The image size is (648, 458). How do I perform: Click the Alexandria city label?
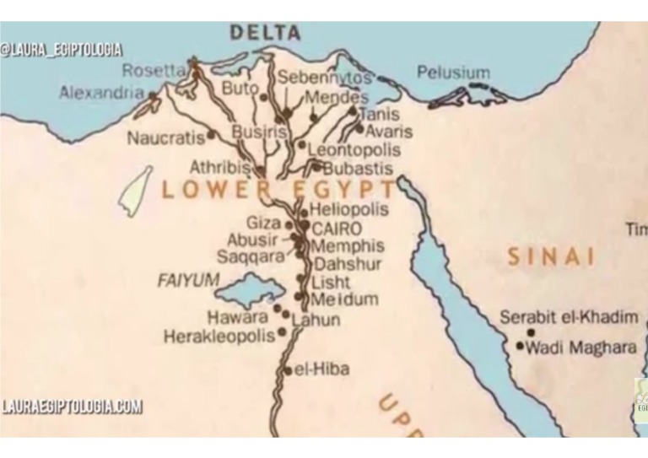pyautogui.click(x=101, y=94)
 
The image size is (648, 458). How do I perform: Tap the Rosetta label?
pyautogui.click(x=153, y=71)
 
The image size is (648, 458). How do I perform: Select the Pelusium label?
pyautogui.click(x=453, y=73)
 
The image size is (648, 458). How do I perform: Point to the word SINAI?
pyautogui.click(x=551, y=257)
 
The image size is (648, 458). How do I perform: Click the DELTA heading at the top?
pyautogui.click(x=265, y=34)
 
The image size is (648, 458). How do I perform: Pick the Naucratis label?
pyautogui.click(x=165, y=138)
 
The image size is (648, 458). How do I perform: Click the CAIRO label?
pyautogui.click(x=337, y=229)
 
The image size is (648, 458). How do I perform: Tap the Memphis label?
pyautogui.click(x=348, y=246)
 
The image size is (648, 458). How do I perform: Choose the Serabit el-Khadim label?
pyautogui.click(x=569, y=317)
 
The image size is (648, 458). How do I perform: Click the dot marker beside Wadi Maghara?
pyautogui.click(x=520, y=345)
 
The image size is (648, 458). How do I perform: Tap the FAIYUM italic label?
pyautogui.click(x=188, y=280)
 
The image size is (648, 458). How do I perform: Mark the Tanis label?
pyautogui.click(x=379, y=115)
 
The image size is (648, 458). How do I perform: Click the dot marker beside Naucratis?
pyautogui.click(x=211, y=134)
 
